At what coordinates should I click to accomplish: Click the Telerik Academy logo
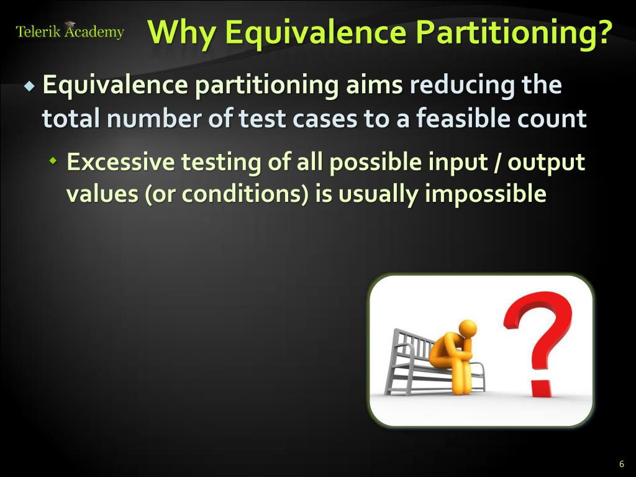pos(70,31)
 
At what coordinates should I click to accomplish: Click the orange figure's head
pos(467,327)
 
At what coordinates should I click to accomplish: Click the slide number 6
pos(621,464)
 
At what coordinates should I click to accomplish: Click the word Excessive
pos(120,163)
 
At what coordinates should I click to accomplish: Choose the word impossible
pos(485,194)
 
